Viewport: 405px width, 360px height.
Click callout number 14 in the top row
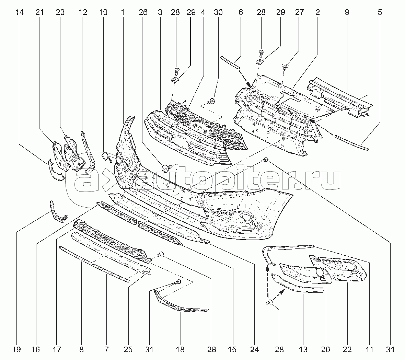[x=20, y=12]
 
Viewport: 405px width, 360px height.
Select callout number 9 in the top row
[x=347, y=12]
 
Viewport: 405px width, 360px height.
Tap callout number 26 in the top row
[x=143, y=12]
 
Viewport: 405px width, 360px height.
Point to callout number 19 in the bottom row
[x=16, y=349]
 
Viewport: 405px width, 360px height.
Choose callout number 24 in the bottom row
[x=254, y=349]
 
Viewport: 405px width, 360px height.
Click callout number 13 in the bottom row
[x=303, y=349]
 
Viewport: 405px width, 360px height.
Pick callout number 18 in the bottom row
[x=180, y=349]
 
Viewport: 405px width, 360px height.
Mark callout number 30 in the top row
[x=218, y=12]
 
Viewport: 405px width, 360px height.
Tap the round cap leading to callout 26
[x=165, y=169]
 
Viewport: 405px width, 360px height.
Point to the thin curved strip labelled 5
[x=351, y=142]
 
